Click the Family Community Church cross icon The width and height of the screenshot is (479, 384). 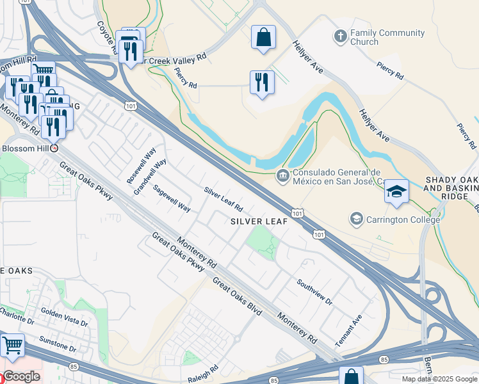340,37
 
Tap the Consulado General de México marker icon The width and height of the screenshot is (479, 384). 282,175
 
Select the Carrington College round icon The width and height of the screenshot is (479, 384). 356,220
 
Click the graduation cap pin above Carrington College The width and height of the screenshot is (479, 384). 397,192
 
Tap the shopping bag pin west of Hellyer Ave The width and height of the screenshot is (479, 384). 263,38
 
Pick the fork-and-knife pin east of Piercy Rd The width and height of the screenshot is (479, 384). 261,83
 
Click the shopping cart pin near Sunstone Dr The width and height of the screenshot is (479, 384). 12,346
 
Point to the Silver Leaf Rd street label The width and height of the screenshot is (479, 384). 223,200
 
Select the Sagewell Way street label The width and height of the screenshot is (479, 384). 172,199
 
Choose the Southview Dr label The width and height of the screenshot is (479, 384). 314,291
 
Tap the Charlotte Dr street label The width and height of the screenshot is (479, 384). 16,316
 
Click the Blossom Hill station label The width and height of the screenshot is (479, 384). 26,147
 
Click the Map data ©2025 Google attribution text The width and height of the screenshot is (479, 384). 439,379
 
